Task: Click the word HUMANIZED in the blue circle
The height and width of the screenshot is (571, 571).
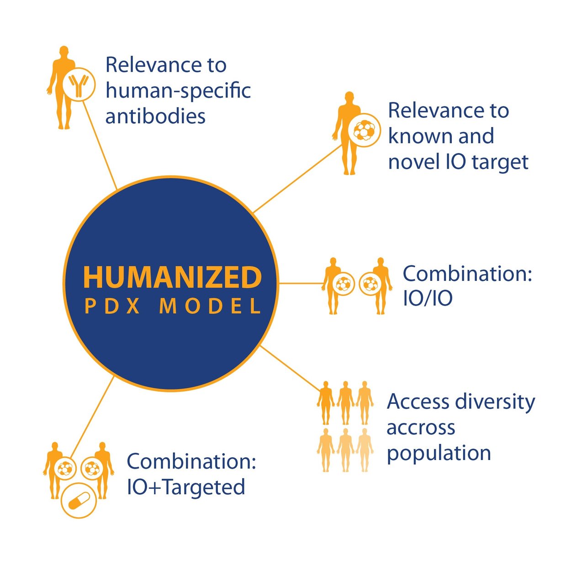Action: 172,277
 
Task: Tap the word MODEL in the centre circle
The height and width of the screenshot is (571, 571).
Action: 210,307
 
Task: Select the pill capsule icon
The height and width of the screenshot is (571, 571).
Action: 79,501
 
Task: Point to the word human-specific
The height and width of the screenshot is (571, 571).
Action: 178,90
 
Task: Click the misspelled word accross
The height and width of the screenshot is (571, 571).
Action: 421,428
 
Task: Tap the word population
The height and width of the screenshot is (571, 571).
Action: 439,454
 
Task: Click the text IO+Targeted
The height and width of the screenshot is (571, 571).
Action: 185,487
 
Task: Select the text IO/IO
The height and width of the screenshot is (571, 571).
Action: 428,298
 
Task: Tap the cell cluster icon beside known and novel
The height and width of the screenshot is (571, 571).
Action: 364,131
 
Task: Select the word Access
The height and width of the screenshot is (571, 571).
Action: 418,402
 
